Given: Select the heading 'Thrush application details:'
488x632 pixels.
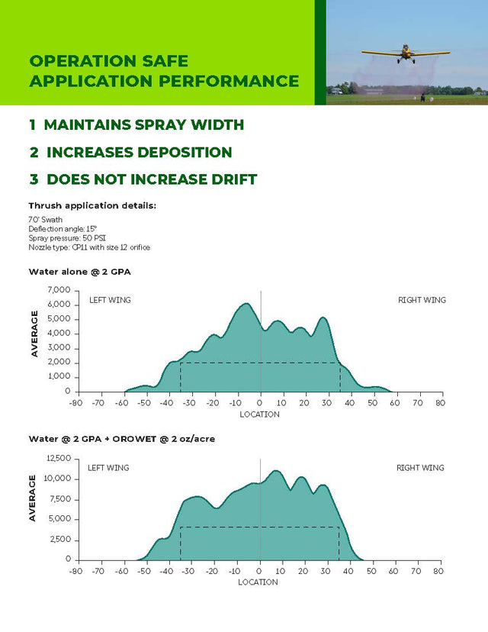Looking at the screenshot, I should (x=91, y=206).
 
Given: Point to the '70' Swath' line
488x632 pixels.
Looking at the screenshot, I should (x=46, y=219).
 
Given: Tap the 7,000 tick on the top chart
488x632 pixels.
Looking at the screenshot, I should (x=59, y=290).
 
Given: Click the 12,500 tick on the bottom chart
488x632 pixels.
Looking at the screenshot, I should (x=58, y=459).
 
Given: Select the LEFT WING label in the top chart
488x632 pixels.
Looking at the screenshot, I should (x=110, y=300).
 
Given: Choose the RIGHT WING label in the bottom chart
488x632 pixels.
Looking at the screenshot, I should (x=420, y=468).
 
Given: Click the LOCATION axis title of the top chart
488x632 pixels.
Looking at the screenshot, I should (x=259, y=414).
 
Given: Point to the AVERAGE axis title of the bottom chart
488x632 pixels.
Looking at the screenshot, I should (x=33, y=498).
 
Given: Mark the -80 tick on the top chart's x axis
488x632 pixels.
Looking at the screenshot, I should (x=75, y=403).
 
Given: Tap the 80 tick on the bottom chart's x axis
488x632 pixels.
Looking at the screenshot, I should (x=438, y=571).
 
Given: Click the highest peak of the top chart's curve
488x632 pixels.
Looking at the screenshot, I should (x=246, y=304).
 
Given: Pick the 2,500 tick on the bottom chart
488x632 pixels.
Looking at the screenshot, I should (x=60, y=540).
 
